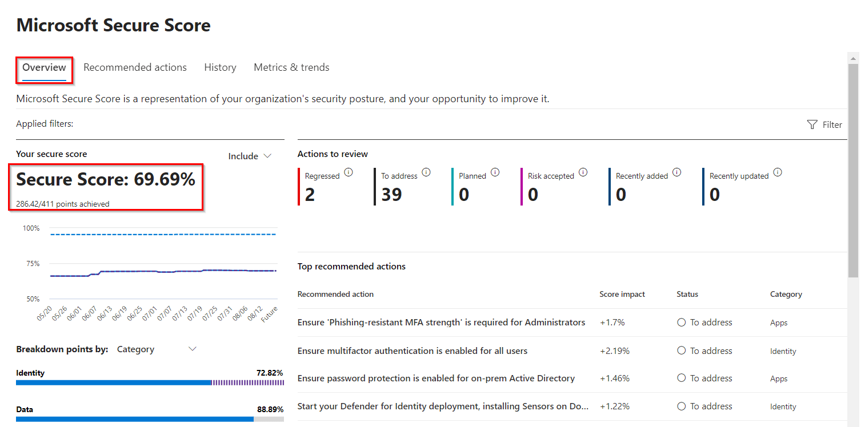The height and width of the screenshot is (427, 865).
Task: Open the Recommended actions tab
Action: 135,67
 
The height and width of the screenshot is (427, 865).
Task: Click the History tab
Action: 220,67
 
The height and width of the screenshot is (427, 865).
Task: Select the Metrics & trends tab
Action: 291,67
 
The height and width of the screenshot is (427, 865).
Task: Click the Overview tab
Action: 44,67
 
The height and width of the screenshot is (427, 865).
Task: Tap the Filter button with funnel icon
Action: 824,124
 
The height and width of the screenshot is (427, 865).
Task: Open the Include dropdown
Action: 250,156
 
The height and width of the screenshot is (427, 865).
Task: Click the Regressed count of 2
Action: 310,195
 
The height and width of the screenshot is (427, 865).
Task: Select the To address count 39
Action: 391,195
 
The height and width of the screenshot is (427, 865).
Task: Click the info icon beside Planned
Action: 495,172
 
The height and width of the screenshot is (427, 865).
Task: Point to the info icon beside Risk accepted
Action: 583,172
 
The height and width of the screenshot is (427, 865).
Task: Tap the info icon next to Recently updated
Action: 778,172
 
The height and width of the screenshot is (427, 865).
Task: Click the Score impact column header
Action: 622,294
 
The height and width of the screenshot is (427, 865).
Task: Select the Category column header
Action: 786,294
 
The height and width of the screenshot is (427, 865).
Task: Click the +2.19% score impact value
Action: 614,351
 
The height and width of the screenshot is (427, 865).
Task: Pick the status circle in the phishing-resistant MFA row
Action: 681,323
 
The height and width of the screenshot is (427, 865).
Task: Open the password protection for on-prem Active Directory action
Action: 436,378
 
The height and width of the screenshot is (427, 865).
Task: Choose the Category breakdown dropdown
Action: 156,349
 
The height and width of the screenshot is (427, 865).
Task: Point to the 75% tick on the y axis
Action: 31,264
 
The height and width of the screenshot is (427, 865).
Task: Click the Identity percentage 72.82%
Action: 270,373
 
